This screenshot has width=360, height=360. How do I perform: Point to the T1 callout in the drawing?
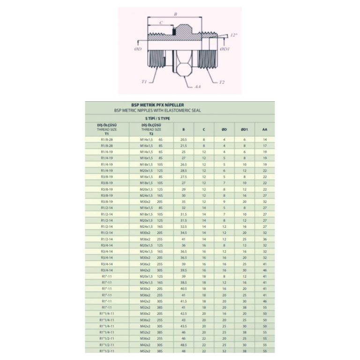pos(144,81)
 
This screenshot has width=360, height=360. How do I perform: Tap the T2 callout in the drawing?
pos(222,82)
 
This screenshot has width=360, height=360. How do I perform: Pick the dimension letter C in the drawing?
pos(161,22)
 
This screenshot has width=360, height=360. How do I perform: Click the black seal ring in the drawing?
pos(174,32)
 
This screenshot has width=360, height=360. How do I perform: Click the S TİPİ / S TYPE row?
pos(180,119)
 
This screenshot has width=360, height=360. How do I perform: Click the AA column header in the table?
pos(265,129)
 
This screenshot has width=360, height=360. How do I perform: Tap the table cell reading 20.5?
pos(183,140)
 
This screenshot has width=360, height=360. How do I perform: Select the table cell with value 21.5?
pos(183,146)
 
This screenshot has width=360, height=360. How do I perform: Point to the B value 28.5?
pos(183,171)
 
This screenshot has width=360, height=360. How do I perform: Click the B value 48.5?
pos(183,345)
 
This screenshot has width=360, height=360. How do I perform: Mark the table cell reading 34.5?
pos(183,232)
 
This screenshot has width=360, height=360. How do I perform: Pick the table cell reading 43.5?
pos(183,326)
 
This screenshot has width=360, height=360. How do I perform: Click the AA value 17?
pos(265,146)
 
